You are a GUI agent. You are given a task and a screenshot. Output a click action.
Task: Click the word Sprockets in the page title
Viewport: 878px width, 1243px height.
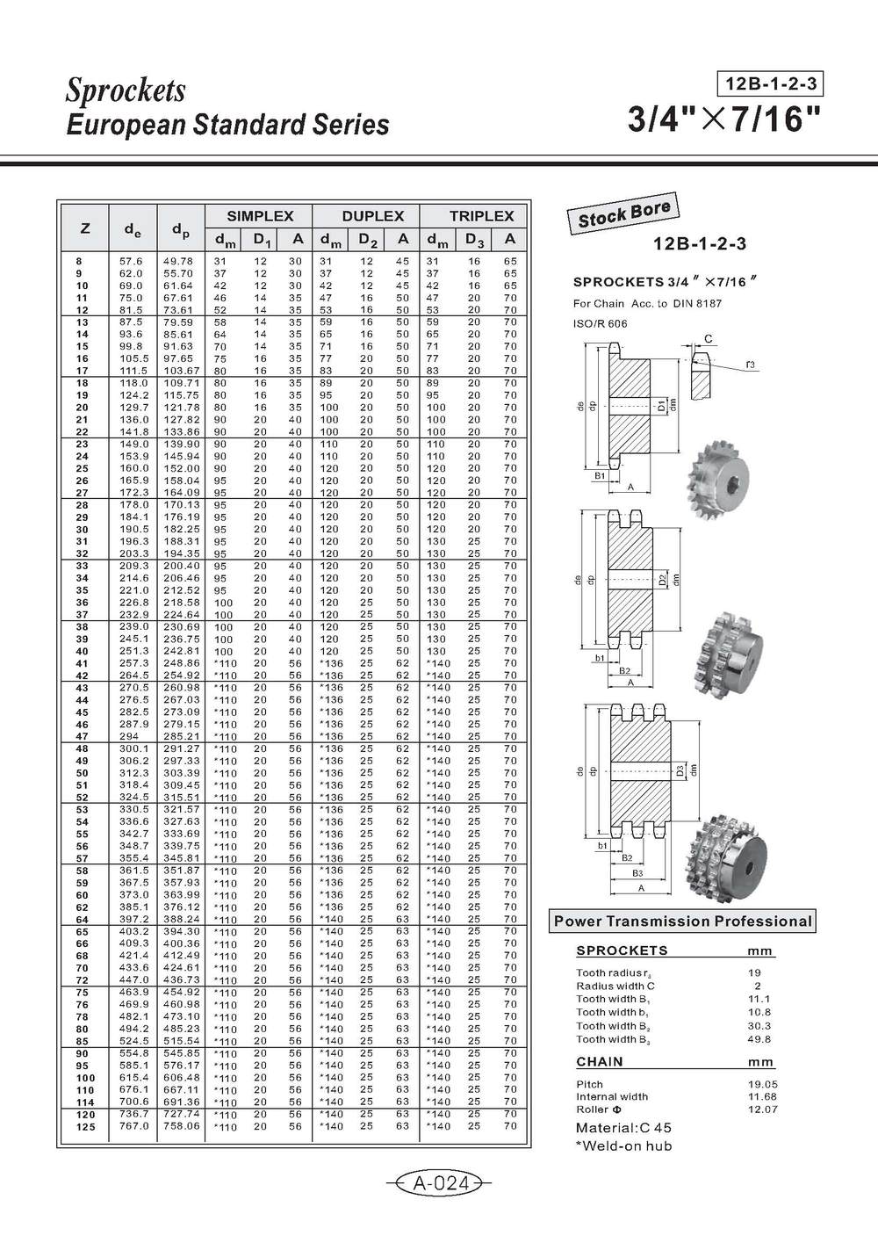(x=126, y=90)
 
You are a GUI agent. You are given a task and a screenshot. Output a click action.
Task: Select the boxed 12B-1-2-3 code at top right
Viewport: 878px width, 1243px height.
(x=770, y=84)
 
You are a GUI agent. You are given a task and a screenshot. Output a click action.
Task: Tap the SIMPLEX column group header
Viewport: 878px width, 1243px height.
(x=258, y=215)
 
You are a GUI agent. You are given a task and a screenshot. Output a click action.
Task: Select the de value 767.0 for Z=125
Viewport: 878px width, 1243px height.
(x=133, y=1125)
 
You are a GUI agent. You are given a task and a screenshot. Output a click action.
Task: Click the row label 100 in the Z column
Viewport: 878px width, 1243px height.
(x=84, y=1077)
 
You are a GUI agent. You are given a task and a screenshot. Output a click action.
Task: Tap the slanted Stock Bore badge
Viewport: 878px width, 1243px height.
(x=624, y=214)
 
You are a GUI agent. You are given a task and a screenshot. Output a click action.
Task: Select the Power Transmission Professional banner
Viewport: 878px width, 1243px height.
(x=682, y=921)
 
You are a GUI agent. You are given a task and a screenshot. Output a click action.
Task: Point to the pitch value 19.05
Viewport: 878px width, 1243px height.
(x=759, y=1084)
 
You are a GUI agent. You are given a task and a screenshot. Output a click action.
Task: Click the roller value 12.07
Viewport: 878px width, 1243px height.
(x=759, y=1109)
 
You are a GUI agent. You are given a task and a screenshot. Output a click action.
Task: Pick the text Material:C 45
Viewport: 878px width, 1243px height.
(x=623, y=1127)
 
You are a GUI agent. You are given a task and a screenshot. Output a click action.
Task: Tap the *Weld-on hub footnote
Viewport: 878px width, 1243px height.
(x=623, y=1145)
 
